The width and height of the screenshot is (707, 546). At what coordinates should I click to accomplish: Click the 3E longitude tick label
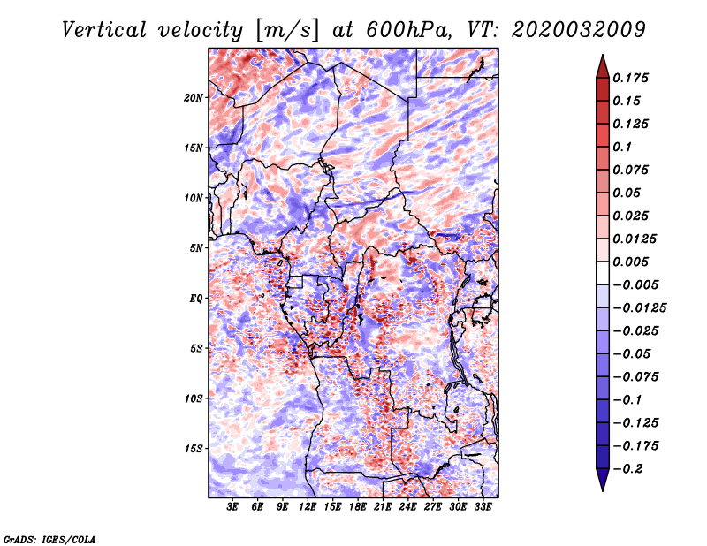233,507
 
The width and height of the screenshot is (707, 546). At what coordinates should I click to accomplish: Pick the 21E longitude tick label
383,507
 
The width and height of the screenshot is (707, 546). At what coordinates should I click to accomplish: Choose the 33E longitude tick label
483,507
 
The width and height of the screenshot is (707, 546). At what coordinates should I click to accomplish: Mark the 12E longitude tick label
308,507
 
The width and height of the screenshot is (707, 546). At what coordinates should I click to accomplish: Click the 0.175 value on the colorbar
632,78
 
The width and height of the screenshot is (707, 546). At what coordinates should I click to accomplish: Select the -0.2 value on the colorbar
631,468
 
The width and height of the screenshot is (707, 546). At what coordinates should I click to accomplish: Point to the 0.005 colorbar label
632,262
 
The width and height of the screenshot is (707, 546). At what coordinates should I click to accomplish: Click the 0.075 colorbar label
632,170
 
